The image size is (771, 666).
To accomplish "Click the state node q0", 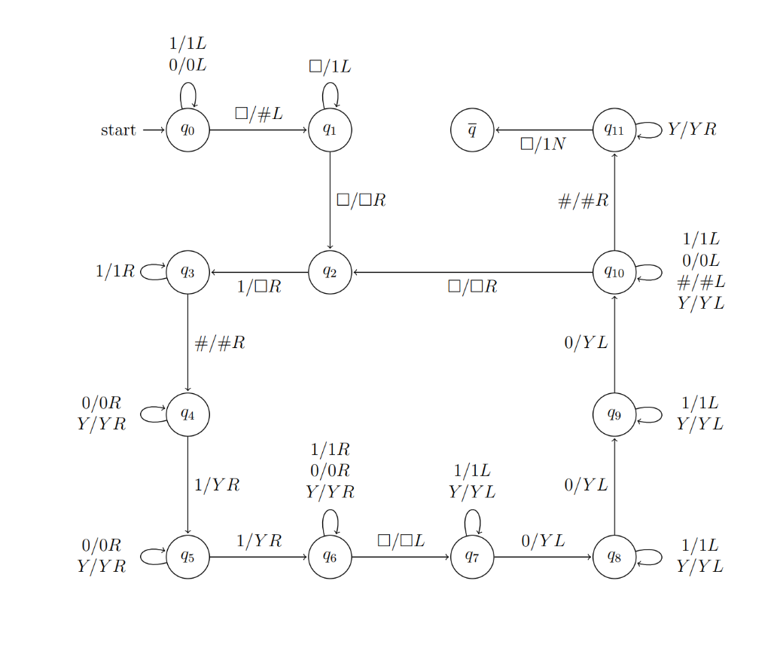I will pos(187,130).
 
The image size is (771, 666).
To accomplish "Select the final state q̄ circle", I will pos(472,130).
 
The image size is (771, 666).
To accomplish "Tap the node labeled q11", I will pos(614,130).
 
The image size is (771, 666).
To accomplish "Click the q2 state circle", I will pos(330,272).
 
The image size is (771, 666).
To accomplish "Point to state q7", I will pos(472,557).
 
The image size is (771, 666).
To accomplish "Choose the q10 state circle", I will pos(614,272).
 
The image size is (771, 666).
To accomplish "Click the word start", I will pos(118,130).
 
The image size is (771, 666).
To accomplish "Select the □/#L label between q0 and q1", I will pos(258,114).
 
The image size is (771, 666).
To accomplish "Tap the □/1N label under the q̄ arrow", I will pos(542,144).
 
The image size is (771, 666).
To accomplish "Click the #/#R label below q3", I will pos(219,344).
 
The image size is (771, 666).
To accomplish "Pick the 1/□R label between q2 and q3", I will pos(258,287).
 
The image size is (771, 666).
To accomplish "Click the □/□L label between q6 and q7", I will pos(401,540).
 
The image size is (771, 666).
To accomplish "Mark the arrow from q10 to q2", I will pos(472,272).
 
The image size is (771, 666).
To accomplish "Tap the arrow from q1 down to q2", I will pos(330,200).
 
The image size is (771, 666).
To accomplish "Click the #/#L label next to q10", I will pos(700,282).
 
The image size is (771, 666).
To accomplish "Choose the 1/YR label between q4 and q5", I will pos(217,485).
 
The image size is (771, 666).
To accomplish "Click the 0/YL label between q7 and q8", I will pos(542,540).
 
